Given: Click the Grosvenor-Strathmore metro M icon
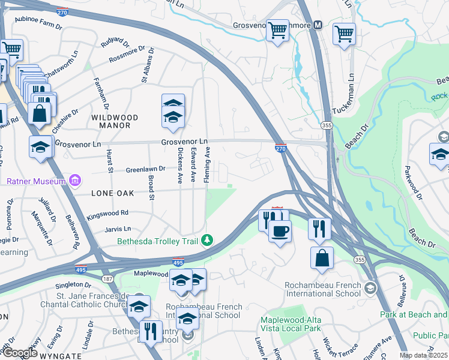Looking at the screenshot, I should click(x=318, y=25).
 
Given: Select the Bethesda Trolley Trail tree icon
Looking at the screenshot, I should click(x=207, y=240).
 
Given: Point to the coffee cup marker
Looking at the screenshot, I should click(x=280, y=231).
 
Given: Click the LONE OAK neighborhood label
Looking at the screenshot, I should click(x=113, y=194).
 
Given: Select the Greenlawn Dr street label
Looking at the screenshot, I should click(x=145, y=170).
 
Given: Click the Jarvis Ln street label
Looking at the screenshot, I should click(x=118, y=229).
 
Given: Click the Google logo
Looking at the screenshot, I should click(x=20, y=353).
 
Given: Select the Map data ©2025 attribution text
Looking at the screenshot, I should click(x=423, y=355).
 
